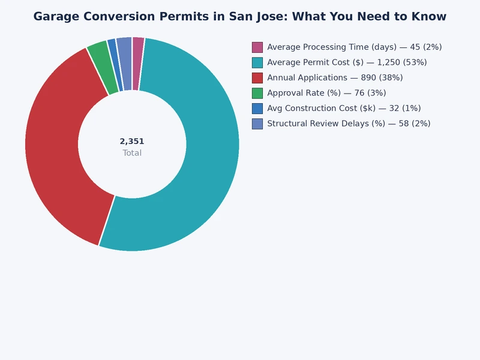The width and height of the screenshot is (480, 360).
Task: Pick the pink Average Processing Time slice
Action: (x=137, y=64)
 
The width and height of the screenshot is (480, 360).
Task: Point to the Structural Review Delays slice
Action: (x=125, y=64)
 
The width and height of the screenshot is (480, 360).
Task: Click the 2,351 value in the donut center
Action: (x=132, y=142)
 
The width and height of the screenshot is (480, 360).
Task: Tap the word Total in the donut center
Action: (x=132, y=153)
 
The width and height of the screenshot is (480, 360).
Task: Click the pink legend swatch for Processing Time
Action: (x=257, y=47)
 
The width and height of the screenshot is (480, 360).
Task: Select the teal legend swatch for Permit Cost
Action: (x=257, y=62)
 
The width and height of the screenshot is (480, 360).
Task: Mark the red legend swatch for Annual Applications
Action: (x=257, y=77)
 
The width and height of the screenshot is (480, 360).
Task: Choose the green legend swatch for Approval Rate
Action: (x=257, y=93)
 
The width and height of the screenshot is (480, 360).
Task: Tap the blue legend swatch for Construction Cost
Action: (x=257, y=108)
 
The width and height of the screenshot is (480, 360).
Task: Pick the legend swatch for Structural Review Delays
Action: (x=257, y=124)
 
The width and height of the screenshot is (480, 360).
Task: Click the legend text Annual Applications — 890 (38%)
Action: (x=335, y=77)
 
